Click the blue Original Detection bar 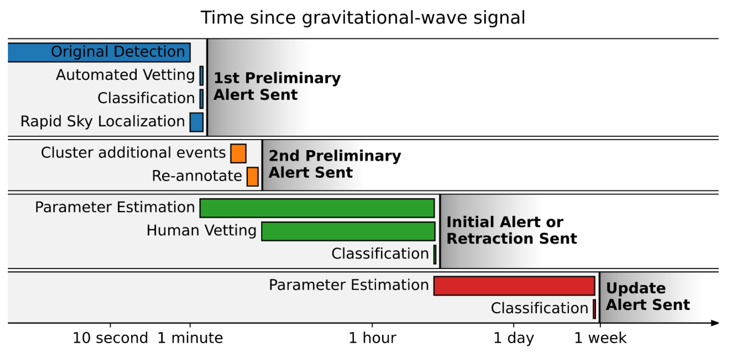click(99, 53)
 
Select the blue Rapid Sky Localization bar click(197, 122)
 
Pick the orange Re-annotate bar click(253, 177)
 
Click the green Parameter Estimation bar click(317, 208)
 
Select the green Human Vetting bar click(349, 231)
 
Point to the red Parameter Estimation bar click(514, 286)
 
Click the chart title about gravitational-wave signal click(363, 18)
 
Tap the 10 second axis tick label click(110, 338)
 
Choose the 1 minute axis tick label click(190, 338)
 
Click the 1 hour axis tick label click(372, 338)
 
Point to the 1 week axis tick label click(600, 338)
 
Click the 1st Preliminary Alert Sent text click(277, 86)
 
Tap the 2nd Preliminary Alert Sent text click(335, 164)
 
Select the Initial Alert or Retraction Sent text click(512, 230)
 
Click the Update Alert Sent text click(648, 297)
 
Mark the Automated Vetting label click(125, 75)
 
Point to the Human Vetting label click(201, 231)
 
